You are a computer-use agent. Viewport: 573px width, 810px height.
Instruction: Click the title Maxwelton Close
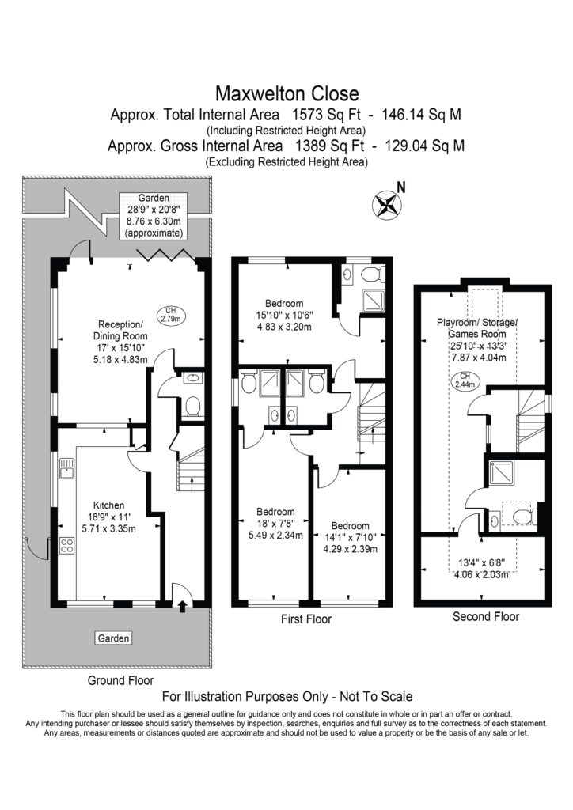click(286, 93)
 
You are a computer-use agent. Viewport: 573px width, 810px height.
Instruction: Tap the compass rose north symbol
click(386, 203)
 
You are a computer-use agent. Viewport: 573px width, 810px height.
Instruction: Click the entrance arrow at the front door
click(182, 607)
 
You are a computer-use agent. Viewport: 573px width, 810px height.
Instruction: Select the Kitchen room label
click(108, 505)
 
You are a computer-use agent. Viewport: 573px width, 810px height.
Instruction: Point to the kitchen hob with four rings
click(67, 546)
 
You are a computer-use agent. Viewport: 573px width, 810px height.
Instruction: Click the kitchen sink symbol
click(67, 467)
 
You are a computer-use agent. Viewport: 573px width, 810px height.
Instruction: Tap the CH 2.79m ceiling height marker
click(170, 315)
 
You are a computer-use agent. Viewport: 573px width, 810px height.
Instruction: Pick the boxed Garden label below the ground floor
click(114, 638)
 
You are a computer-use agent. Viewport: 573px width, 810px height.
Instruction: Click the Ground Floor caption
click(120, 680)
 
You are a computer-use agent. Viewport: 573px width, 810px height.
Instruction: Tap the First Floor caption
click(306, 619)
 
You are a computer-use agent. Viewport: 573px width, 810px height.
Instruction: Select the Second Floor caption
click(486, 616)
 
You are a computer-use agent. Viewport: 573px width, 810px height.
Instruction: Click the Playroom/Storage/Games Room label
click(477, 328)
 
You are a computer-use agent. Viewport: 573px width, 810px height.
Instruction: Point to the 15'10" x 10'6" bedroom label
click(284, 315)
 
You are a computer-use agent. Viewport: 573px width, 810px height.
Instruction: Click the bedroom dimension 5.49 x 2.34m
click(275, 536)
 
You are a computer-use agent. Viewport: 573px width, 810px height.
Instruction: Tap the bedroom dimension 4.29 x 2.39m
click(351, 549)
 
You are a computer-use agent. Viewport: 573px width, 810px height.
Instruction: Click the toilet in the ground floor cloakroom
click(193, 407)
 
